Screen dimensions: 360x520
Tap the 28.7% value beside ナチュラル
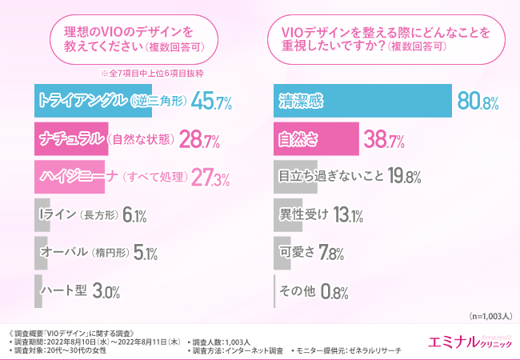coord(202,140)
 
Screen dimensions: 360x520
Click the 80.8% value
coord(478,102)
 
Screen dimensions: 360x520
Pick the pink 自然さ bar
coord(315,139)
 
